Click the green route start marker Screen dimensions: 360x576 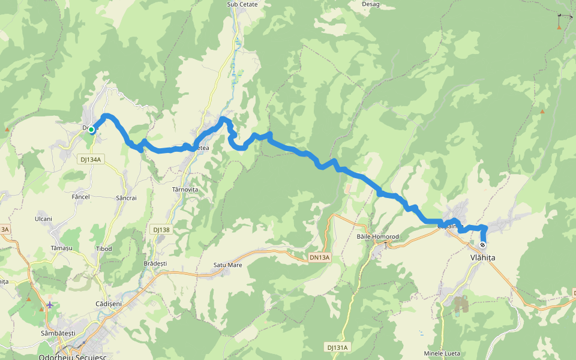(91, 129)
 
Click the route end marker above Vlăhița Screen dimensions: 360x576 (482, 245)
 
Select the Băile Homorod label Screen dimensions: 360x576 (377, 236)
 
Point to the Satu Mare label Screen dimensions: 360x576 (227, 265)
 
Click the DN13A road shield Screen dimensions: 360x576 (320, 257)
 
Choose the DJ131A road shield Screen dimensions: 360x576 (338, 347)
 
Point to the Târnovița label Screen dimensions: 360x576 (185, 190)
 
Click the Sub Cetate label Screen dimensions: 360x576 (242, 4)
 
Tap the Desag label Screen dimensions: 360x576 (371, 4)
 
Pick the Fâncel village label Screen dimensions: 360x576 (80, 197)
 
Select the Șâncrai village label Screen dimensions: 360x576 (126, 198)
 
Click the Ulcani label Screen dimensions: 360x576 (43, 219)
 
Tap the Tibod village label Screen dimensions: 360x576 (104, 248)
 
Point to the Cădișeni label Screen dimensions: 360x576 (109, 304)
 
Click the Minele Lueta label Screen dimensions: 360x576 (442, 353)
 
